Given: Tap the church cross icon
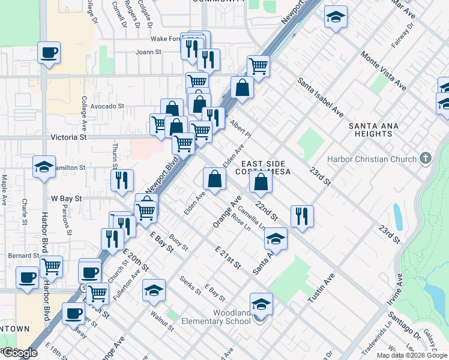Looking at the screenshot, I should point(425,159).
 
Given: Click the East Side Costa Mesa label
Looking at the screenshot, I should point(266,167).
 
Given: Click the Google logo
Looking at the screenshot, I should point(20,353).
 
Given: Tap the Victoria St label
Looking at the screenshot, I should point(68,137).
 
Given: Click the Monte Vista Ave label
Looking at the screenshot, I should point(383,71).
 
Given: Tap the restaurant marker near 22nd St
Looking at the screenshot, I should point(302,216).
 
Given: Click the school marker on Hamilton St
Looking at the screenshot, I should point(44,167).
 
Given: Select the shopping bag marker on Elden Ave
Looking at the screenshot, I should point(214,178).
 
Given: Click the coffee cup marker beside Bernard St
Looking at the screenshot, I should point(26,278).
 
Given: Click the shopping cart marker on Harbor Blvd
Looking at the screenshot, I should point(51,265).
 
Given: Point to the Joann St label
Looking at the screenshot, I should point(148,52).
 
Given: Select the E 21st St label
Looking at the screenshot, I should point(228,257).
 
